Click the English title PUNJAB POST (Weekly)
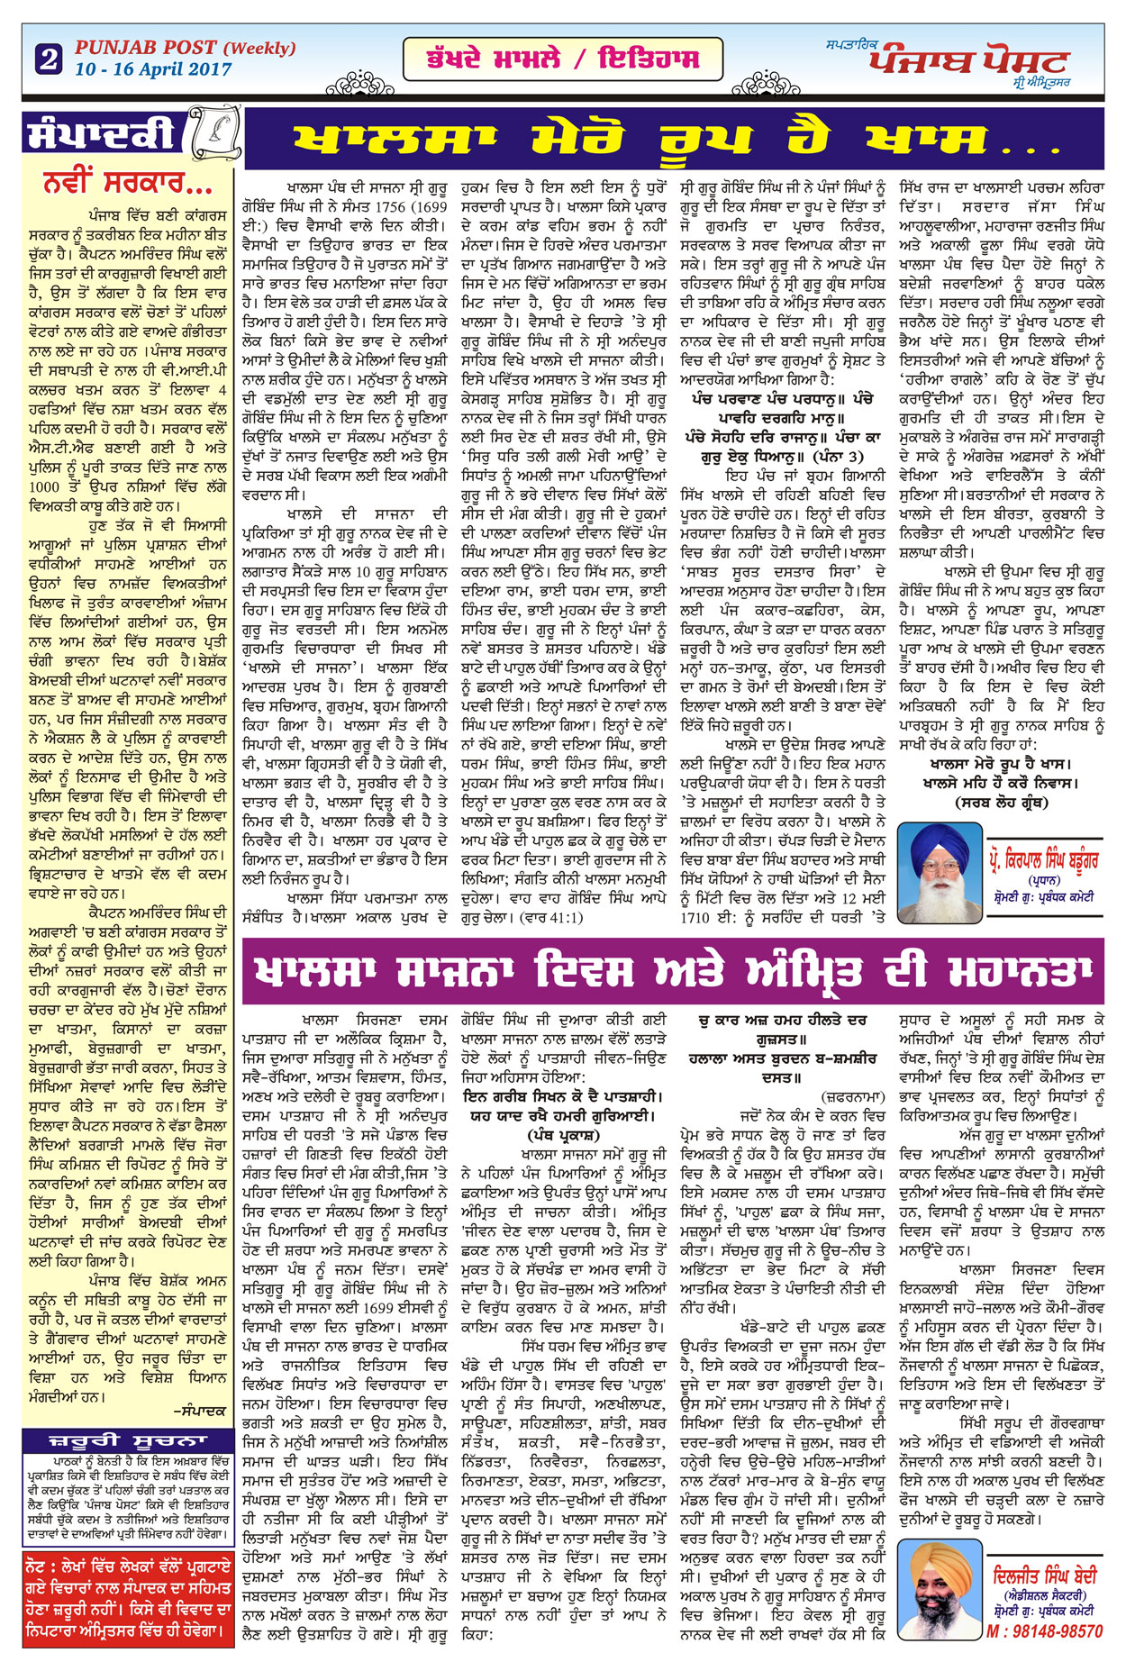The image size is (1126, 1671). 185,48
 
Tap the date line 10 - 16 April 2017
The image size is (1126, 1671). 153,69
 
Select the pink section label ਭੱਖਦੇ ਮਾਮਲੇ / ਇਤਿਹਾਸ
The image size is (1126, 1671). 562,59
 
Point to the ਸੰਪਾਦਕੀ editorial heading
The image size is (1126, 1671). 101,134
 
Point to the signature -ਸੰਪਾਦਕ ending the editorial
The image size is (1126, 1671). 199,1411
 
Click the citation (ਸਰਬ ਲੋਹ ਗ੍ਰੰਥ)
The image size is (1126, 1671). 1000,802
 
